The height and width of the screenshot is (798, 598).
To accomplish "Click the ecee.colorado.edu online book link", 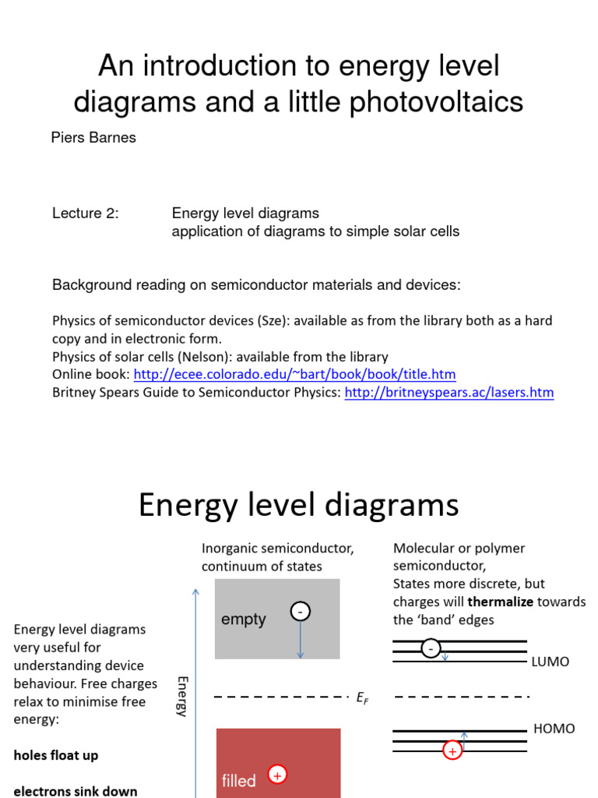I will (294, 374).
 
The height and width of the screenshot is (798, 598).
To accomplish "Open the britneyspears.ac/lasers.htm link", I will (449, 392).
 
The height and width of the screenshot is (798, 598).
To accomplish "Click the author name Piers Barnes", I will (93, 138).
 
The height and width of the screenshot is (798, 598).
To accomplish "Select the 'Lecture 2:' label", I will (86, 213).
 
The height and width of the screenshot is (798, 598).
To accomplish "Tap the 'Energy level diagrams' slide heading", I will (299, 505).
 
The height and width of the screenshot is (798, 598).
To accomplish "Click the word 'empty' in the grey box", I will (244, 620).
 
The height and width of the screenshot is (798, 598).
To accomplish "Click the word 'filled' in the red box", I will (238, 780).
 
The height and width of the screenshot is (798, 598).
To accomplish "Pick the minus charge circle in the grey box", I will (301, 612).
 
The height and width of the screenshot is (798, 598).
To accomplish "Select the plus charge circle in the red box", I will (277, 774).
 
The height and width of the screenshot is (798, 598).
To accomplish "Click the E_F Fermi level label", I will (362, 698).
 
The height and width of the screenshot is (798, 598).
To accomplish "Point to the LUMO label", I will (551, 662).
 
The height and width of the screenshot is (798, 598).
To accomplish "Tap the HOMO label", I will (554, 729).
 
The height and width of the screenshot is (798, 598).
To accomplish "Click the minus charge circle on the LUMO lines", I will (431, 648).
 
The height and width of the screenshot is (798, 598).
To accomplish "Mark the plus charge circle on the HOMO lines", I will (452, 750).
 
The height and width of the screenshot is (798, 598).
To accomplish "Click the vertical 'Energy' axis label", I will (182, 696).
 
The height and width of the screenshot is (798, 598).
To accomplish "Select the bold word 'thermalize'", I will (501, 602).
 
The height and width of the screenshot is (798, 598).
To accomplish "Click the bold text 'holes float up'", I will (56, 755).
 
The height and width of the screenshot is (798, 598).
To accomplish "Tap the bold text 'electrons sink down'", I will (76, 791).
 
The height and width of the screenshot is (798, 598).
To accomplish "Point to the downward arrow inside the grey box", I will (301, 641).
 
